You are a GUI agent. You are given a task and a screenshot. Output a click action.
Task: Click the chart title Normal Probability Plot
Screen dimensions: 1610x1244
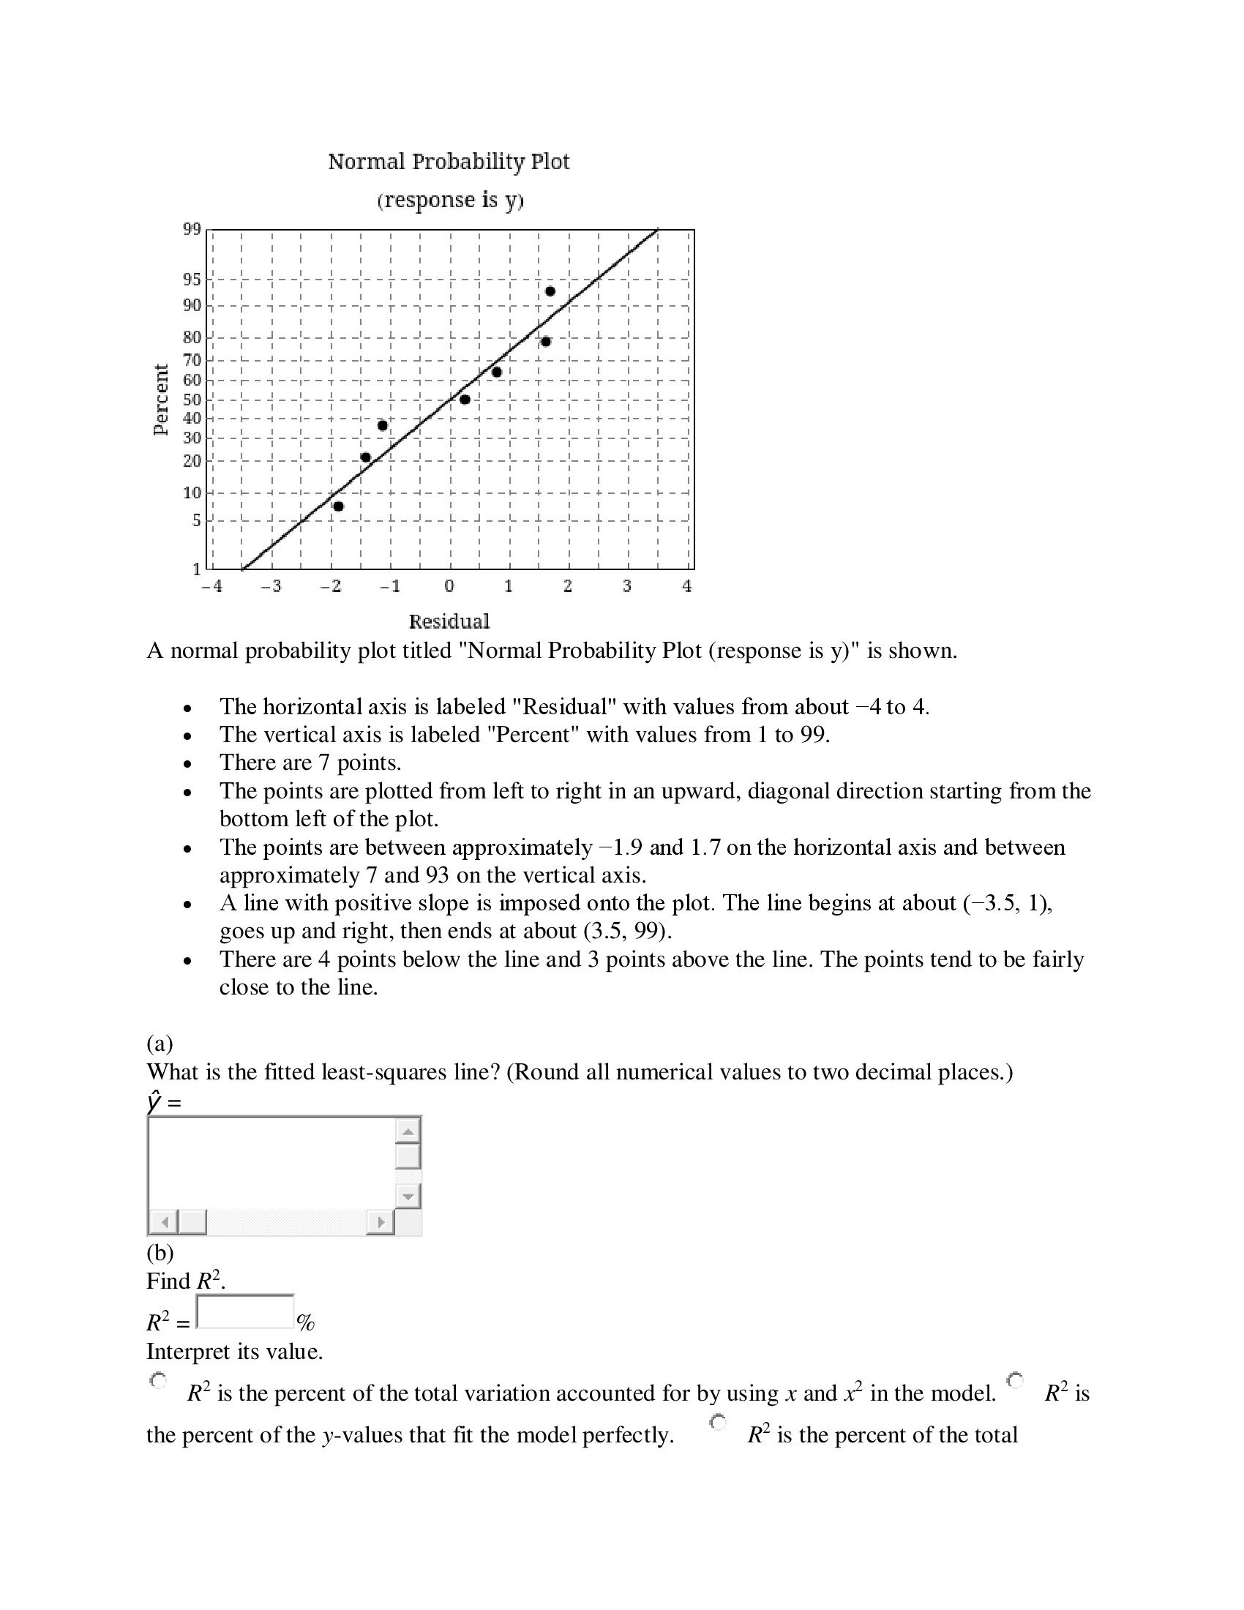coord(448,162)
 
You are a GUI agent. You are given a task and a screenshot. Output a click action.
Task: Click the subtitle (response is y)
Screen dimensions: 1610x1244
coord(449,200)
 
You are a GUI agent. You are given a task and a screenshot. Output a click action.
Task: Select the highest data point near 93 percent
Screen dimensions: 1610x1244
coord(550,291)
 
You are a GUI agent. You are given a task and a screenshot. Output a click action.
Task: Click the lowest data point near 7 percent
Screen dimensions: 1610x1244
coord(338,506)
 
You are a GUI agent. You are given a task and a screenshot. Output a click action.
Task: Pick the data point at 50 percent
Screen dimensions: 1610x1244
coord(465,400)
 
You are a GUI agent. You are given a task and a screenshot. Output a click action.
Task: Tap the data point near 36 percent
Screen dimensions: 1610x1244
coord(383,425)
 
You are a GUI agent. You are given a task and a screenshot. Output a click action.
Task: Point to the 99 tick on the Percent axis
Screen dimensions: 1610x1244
coord(192,229)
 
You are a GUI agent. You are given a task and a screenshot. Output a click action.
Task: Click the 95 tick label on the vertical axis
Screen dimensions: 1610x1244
coord(192,280)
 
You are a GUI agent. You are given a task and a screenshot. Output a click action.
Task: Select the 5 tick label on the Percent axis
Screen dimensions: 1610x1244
coord(196,520)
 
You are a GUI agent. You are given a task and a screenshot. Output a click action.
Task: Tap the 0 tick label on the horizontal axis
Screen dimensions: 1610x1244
coord(449,587)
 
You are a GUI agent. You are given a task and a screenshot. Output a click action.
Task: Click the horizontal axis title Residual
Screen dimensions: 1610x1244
coord(449,621)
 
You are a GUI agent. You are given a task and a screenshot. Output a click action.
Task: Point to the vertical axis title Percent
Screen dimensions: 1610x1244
coord(161,400)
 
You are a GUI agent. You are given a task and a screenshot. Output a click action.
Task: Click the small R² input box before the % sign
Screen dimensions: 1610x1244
coord(245,1311)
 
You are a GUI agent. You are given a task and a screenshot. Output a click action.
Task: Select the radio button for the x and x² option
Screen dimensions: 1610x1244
coord(158,1379)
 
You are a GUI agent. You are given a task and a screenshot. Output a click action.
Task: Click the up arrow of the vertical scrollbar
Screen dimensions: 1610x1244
coord(408,1131)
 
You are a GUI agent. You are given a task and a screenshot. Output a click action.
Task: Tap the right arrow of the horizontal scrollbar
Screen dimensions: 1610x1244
coord(381,1222)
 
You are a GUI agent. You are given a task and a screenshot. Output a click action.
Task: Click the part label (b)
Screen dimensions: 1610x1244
coord(160,1252)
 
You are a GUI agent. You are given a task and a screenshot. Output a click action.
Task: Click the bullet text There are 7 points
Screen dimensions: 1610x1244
coord(310,763)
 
